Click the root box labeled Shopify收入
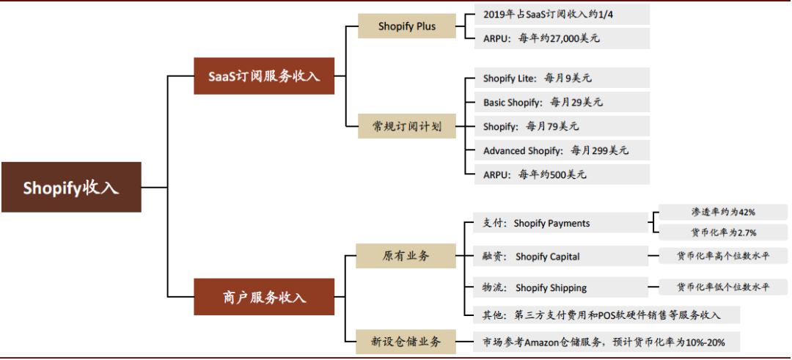tap(70, 187)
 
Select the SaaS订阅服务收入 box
tap(264, 76)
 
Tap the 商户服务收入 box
tap(264, 297)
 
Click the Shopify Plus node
tap(407, 26)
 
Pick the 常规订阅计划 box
tap(406, 126)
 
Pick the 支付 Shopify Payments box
tap(557, 223)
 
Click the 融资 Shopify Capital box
tap(557, 256)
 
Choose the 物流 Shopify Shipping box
tap(557, 287)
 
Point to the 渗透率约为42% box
tap(722, 212)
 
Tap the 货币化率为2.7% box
tap(722, 232)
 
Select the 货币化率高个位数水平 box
tap(722, 256)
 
